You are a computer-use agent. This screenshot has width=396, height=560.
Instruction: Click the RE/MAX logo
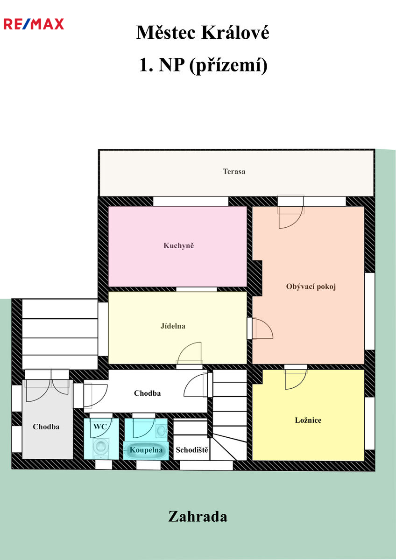pos(34,24)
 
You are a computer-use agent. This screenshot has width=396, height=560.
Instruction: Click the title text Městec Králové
pos(203,33)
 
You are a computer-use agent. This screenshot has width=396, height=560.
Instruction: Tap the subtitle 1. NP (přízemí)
pos(203,65)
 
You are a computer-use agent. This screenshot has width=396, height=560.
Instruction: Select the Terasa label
pos(234,172)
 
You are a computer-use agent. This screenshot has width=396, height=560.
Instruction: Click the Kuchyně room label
pos(178,245)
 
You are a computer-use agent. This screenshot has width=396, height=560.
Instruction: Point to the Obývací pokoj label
pos(311,287)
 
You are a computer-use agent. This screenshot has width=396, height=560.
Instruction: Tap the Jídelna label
pos(173,326)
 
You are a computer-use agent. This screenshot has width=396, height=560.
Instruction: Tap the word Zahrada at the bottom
pos(198,517)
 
